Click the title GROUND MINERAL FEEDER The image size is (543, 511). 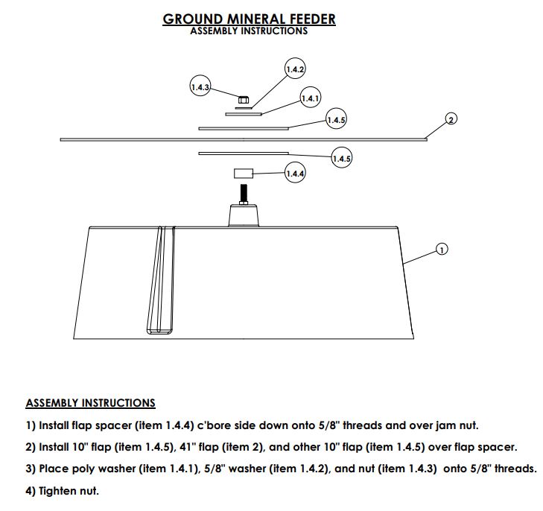pyautogui.click(x=249, y=19)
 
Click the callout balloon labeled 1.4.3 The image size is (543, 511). pyautogui.click(x=200, y=87)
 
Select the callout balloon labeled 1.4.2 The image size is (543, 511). pyautogui.click(x=295, y=70)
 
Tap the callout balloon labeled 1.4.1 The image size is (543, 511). pyautogui.click(x=310, y=98)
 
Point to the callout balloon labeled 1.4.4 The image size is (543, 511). pyautogui.click(x=295, y=174)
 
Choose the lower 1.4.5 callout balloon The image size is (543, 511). pyautogui.click(x=341, y=159)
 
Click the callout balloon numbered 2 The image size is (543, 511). pyautogui.click(x=451, y=119)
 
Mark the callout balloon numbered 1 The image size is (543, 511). pyautogui.click(x=441, y=250)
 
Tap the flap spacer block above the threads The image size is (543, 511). pyautogui.click(x=244, y=174)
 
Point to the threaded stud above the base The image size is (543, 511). pyautogui.click(x=244, y=194)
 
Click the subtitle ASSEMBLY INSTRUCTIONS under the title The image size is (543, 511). pyautogui.click(x=249, y=31)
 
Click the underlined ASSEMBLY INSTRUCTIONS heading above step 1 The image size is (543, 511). pyautogui.click(x=90, y=403)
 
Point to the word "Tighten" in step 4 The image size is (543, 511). pyautogui.click(x=59, y=491)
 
